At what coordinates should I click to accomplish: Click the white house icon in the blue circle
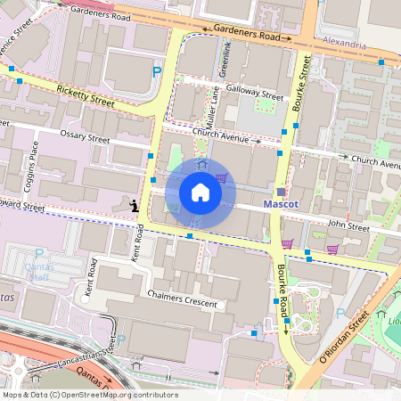(x=200, y=192)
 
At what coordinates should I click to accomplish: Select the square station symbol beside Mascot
(x=281, y=191)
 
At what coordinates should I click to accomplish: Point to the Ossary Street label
(x=85, y=139)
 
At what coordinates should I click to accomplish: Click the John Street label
(x=348, y=227)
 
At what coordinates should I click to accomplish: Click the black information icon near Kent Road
(x=134, y=206)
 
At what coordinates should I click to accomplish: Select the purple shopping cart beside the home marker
(x=220, y=178)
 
